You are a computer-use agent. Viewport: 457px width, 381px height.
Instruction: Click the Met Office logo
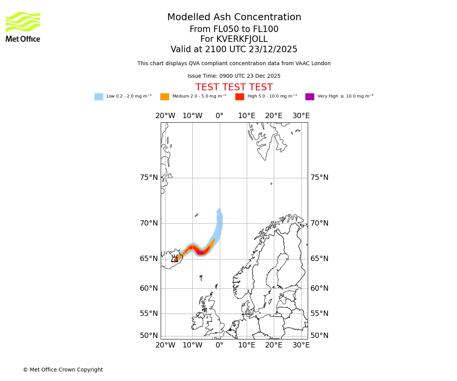pos(23,27)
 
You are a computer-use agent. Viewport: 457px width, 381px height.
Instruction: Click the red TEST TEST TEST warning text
pos(234,88)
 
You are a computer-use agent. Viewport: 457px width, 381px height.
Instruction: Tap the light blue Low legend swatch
pos(99,97)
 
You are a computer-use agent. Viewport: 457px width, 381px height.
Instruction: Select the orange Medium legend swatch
pos(165,97)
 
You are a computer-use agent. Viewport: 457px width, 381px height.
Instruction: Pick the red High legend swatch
pos(240,97)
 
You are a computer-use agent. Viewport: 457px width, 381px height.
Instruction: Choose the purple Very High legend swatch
pos(310,97)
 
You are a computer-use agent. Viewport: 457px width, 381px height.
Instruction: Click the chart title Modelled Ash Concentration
pos(234,18)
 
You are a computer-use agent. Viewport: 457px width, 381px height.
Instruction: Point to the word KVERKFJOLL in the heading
pos(242,39)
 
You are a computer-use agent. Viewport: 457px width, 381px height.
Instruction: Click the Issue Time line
pos(234,76)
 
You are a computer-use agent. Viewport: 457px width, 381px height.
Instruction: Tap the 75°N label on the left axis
pos(149,178)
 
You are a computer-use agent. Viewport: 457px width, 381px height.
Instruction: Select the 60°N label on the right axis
pos(319,288)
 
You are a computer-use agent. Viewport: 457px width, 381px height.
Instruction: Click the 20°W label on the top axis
pos(165,116)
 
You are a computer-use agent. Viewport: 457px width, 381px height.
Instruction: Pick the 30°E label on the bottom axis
pos(301,345)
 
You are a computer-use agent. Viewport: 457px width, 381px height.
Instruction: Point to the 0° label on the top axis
pos(219,116)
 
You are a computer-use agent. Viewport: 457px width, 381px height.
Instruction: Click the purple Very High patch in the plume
pos(200,253)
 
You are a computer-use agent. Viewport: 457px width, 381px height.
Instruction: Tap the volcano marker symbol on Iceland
pos(175,259)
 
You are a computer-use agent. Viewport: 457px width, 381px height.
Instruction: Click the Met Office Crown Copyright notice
pos(63,370)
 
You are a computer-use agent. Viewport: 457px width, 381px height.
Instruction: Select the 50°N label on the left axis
pos(149,336)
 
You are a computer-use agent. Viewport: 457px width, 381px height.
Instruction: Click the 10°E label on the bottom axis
pos(247,345)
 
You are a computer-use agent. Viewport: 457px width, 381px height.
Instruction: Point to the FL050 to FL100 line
pos(234,29)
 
